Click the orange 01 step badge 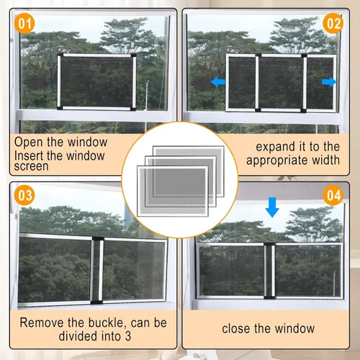24,24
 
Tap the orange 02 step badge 333,23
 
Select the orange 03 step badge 24,195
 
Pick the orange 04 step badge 333,195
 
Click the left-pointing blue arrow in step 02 218,82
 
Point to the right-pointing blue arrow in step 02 329,82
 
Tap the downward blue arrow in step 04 272,207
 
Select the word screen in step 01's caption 31,166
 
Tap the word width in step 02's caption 326,160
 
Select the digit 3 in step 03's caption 128,336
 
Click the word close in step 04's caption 236,328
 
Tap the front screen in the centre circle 173,191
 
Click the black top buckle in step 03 98,238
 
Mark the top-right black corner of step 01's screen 133,55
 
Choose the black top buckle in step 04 269,244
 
